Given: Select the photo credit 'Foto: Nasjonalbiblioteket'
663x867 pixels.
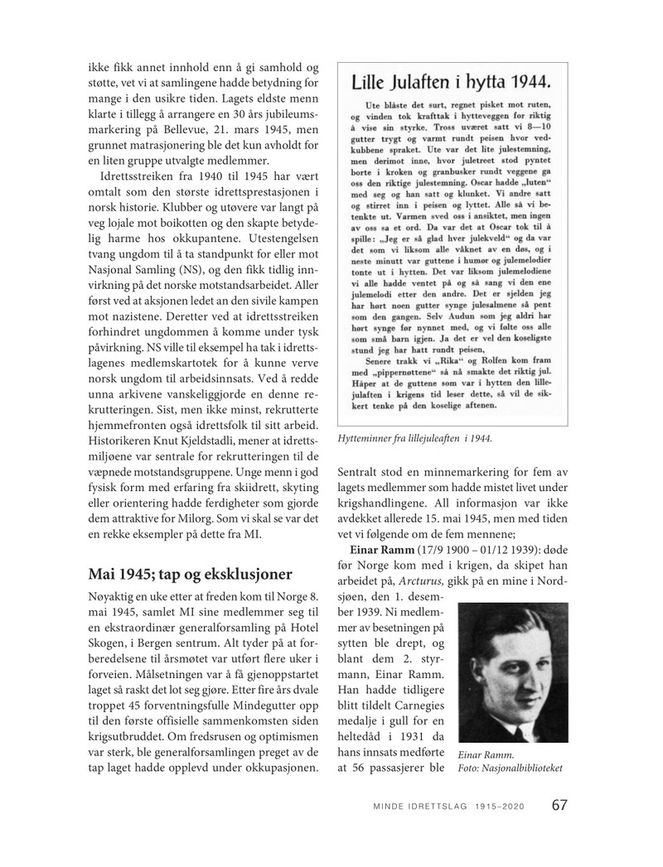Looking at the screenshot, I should pos(509,768).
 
